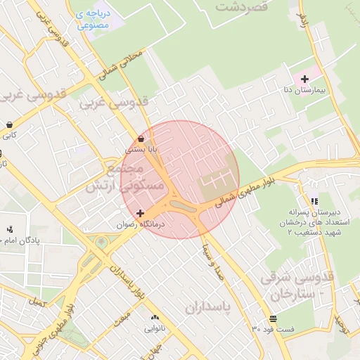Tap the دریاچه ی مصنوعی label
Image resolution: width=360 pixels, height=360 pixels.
coord(92,19)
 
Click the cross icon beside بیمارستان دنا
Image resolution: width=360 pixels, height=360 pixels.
coord(304,79)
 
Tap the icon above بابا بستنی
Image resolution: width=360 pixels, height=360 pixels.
coord(141,139)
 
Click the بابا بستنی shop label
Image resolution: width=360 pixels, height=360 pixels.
coord(141,150)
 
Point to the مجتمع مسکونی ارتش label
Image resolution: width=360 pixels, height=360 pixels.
coord(124,179)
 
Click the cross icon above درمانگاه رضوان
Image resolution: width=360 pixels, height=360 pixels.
coord(140,212)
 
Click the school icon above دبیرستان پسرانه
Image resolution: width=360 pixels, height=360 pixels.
coord(314,200)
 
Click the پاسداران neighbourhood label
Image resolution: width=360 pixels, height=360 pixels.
coord(209,307)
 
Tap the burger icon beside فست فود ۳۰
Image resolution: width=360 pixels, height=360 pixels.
coord(272,318)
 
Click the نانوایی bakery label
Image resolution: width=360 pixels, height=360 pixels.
coord(155,328)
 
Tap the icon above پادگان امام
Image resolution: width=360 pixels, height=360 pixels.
coord(9,230)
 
